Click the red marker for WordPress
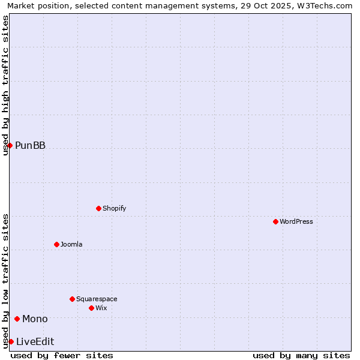[275, 221]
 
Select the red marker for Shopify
[98, 208]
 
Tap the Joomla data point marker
[56, 244]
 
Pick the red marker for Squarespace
[72, 299]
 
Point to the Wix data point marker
[91, 308]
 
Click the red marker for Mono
[17, 319]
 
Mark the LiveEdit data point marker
[11, 341]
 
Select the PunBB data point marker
[10, 145]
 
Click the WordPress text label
[296, 221]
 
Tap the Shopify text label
[114, 208]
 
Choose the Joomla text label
[71, 244]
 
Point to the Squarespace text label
[97, 299]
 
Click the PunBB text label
[30, 145]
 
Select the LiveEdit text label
[35, 341]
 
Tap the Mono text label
[35, 319]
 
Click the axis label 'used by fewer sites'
[62, 355]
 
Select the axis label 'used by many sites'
[301, 355]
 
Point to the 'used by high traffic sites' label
[5, 85]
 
